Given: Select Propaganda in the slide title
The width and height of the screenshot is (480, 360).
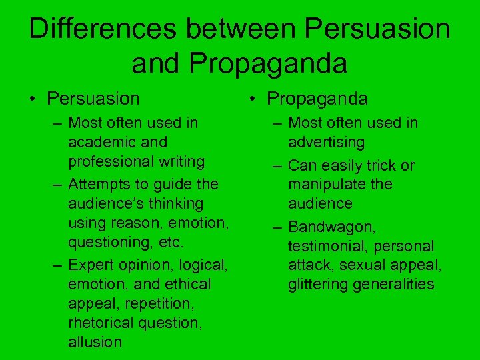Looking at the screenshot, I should tap(268, 63).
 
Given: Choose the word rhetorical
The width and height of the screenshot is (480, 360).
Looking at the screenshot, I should tap(99, 323).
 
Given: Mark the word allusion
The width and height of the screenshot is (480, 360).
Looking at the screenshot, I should tap(95, 343).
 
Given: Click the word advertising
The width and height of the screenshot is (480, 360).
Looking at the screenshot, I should tap(326, 142).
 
